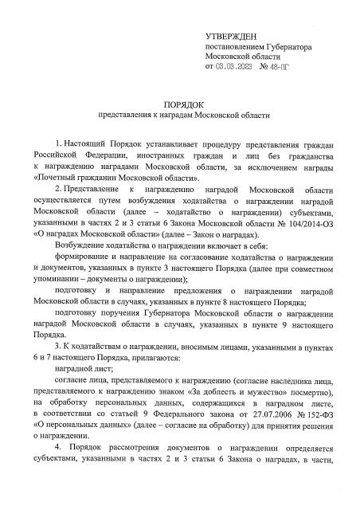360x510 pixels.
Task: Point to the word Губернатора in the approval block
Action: (x=288, y=49)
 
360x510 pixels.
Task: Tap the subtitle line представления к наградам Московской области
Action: (x=182, y=116)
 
